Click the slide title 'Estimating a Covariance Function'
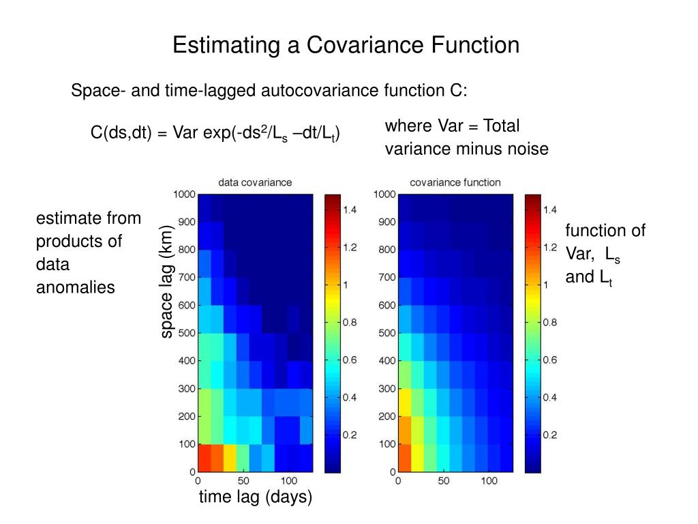click(x=346, y=46)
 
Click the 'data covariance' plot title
click(x=255, y=182)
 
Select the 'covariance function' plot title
click(x=455, y=182)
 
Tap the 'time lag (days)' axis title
click(x=256, y=498)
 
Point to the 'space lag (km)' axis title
click(x=166, y=282)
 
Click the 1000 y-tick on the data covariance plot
click(x=185, y=194)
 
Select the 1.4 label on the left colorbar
click(x=350, y=210)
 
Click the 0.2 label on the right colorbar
click(x=550, y=434)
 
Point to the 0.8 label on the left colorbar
click(x=350, y=322)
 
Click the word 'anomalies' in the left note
click(x=76, y=287)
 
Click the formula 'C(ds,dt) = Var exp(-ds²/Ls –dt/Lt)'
click(x=215, y=132)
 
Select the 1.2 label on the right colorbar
click(x=550, y=248)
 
